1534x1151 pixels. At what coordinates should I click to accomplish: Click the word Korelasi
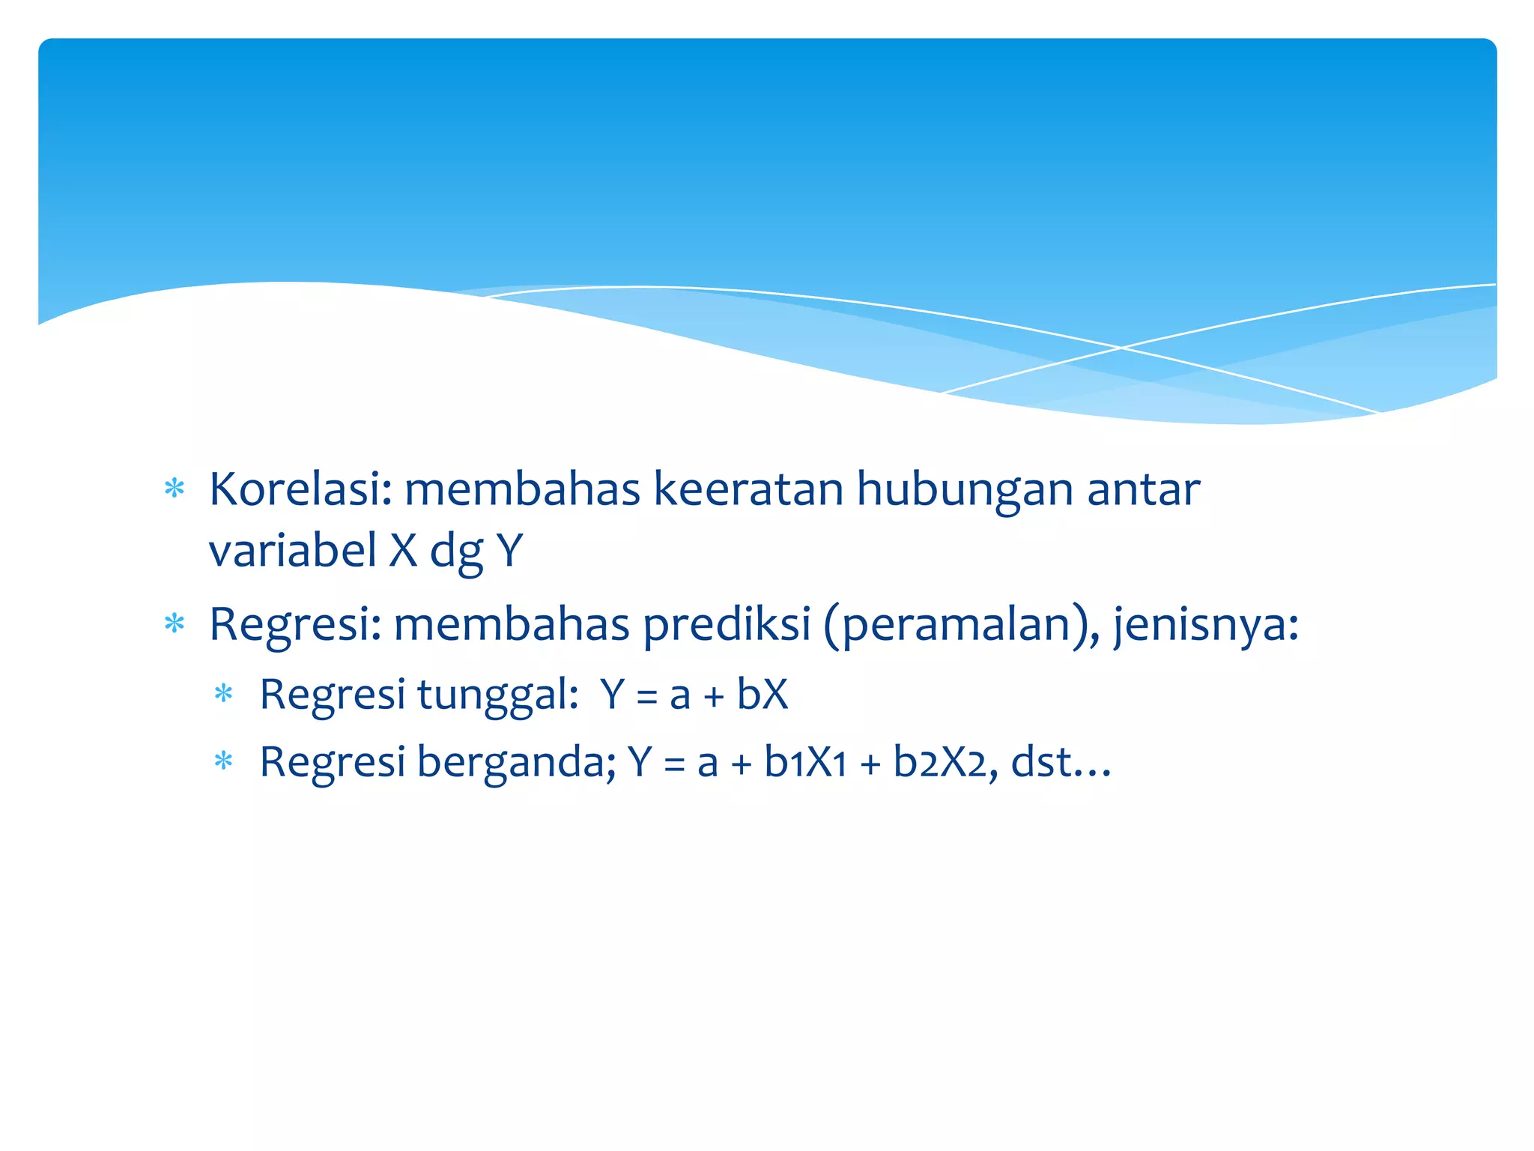click(x=300, y=489)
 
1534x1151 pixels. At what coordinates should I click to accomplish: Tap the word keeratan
click(x=748, y=489)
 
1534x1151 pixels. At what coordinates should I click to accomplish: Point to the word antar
click(x=1143, y=489)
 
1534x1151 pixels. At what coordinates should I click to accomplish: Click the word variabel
click(x=292, y=550)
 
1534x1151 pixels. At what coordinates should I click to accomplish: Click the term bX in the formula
click(x=763, y=694)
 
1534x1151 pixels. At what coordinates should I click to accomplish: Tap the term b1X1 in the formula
click(x=805, y=762)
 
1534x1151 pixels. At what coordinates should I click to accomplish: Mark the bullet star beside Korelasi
click(x=175, y=489)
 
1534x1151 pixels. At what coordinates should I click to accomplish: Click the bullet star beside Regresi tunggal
click(x=224, y=694)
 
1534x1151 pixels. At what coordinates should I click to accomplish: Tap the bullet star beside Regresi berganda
click(x=224, y=762)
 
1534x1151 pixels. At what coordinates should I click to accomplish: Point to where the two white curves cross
click(x=1121, y=348)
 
